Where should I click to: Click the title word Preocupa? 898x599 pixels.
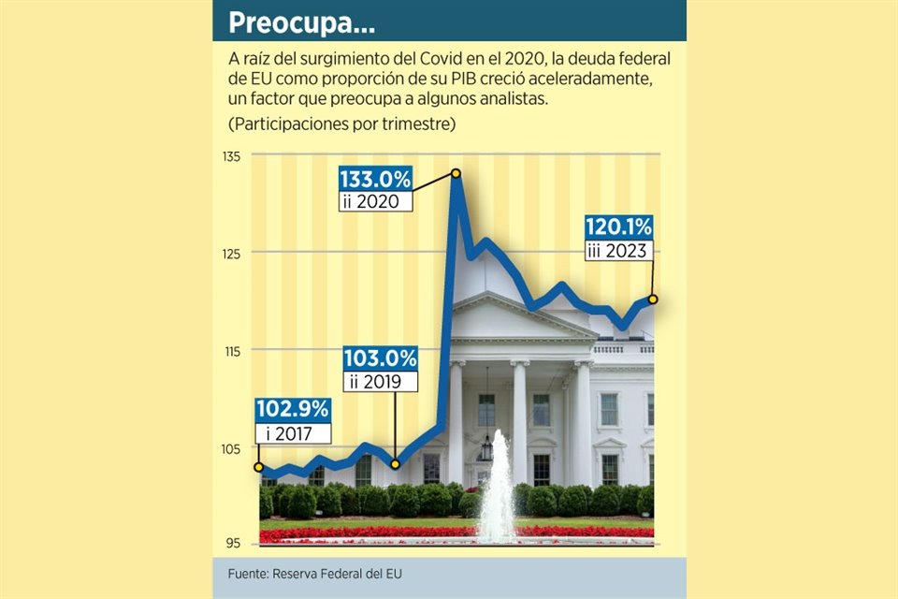[x=283, y=22]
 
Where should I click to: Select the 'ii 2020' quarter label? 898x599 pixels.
[x=370, y=201]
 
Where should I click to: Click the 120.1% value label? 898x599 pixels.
[x=618, y=227]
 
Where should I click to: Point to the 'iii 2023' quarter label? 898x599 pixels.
[x=617, y=250]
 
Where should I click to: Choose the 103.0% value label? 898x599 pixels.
[x=380, y=358]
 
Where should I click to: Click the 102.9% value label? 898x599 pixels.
[x=293, y=409]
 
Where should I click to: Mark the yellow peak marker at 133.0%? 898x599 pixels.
[x=456, y=173]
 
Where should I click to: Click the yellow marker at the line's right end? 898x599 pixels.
[x=653, y=299]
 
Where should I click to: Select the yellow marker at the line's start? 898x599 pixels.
[x=259, y=466]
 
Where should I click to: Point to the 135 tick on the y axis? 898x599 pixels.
[x=231, y=155]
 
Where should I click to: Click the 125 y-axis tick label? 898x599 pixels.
[x=231, y=253]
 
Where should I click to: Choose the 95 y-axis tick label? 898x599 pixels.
[x=234, y=544]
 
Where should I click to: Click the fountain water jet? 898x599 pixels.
[x=496, y=487]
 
